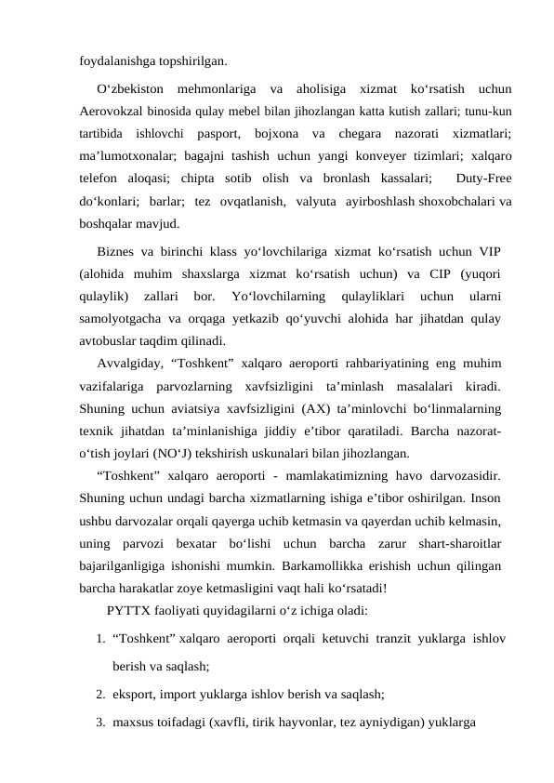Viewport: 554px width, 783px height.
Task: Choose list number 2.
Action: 99,693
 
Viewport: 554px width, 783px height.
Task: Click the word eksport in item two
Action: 133,693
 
